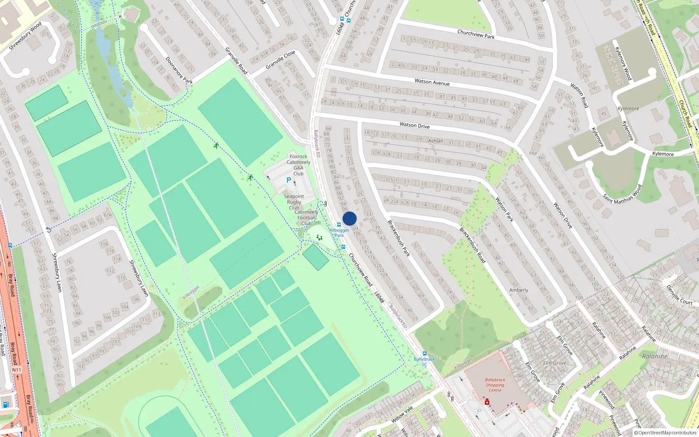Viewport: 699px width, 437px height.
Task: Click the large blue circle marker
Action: point(349,218)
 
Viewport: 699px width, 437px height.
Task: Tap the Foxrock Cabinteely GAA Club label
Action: point(298,165)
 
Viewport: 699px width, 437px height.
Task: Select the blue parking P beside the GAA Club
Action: point(289,180)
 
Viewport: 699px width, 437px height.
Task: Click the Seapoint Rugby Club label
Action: point(294,202)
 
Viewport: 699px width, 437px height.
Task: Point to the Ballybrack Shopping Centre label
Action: point(495,385)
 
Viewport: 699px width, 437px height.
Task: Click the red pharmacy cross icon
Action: point(487,402)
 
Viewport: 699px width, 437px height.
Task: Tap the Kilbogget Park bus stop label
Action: point(339,232)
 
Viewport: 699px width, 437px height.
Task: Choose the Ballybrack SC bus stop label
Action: point(424,361)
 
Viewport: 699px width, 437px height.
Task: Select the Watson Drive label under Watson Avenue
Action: point(415,125)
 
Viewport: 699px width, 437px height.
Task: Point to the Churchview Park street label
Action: point(476,34)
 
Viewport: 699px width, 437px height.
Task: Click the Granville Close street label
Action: point(280,60)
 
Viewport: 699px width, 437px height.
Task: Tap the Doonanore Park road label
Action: point(179,70)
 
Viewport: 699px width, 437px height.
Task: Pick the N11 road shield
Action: point(16,370)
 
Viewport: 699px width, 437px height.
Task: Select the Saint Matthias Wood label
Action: point(623,194)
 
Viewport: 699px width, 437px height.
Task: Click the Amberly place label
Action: point(519,290)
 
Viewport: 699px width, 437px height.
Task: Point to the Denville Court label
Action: point(679,295)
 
